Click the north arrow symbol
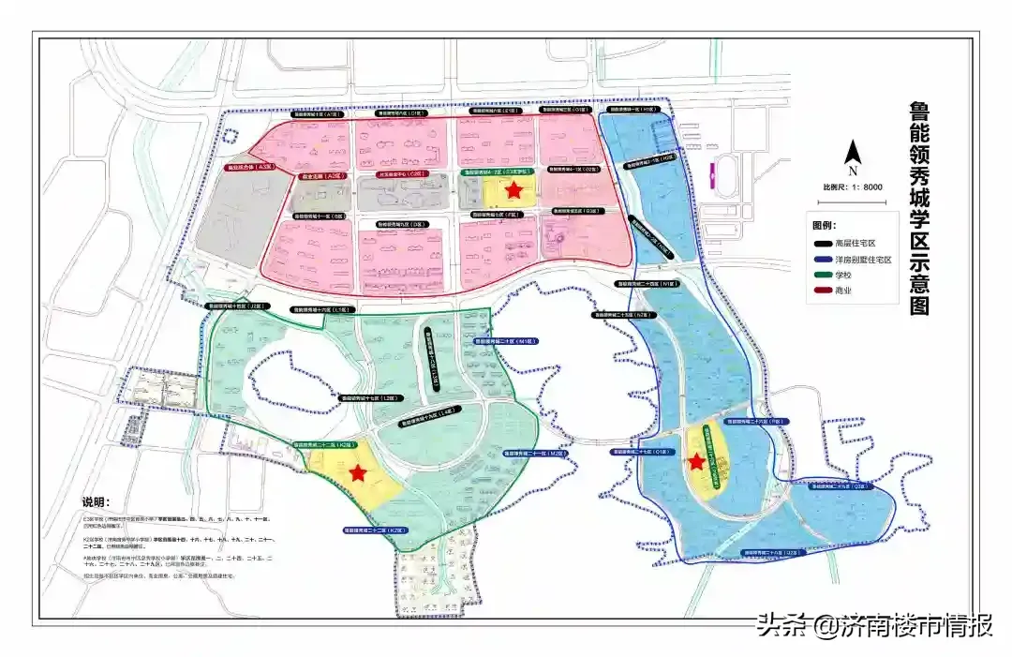tap(853, 154)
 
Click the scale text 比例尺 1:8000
tap(853, 187)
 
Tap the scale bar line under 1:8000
tap(853, 196)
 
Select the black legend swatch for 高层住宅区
tap(822, 243)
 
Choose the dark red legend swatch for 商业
tap(822, 291)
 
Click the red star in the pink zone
tap(513, 190)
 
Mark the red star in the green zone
tap(357, 472)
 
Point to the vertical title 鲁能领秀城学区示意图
tap(920, 208)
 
